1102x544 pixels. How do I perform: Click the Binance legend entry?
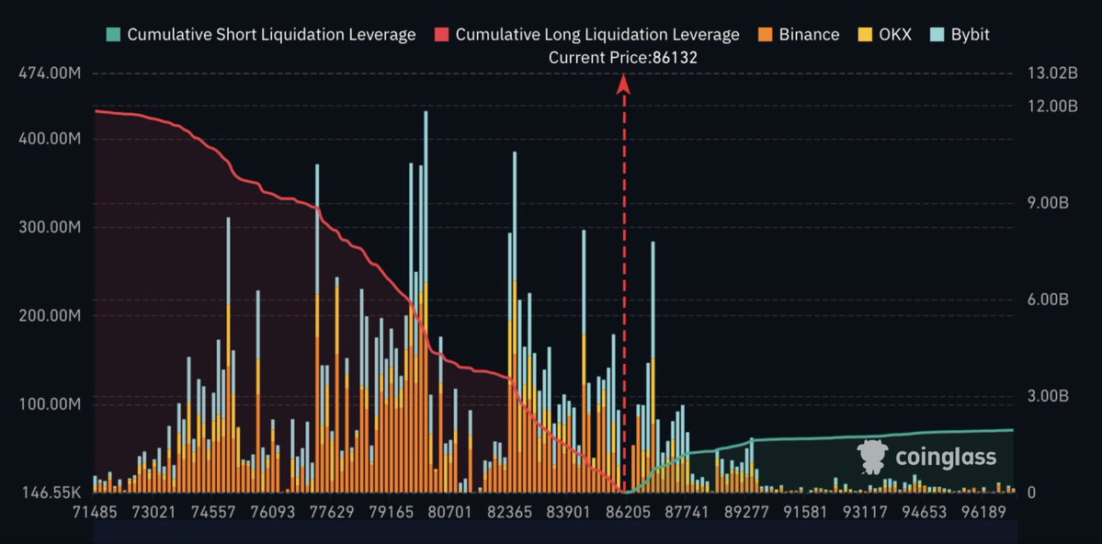point(799,34)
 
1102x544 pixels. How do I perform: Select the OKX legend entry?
point(885,34)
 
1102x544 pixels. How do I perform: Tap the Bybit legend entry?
point(960,34)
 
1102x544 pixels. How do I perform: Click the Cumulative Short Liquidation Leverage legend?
point(261,34)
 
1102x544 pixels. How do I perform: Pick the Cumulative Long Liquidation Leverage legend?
point(586,34)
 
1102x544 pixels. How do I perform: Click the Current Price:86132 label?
point(622,58)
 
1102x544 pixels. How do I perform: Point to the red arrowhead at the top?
point(623,85)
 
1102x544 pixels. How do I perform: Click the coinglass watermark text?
point(945,458)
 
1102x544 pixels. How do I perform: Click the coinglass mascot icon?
point(872,457)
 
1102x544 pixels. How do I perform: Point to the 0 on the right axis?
point(1032,493)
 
